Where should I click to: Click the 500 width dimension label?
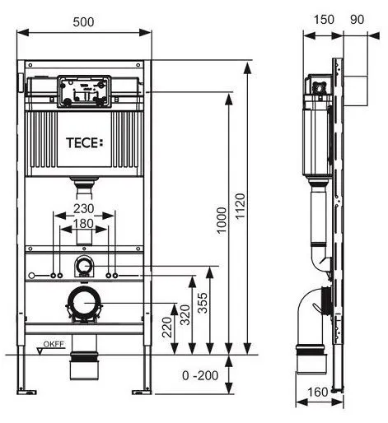tap(83, 22)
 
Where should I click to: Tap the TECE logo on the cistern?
tap(85, 143)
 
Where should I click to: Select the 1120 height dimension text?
tap(240, 206)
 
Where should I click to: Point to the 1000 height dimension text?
tap(222, 221)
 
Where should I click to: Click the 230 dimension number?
tap(84, 209)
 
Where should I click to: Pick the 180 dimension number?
tap(83, 224)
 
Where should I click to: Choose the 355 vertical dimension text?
tap(203, 303)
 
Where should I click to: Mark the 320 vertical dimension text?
tap(185, 315)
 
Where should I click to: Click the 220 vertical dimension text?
tap(167, 328)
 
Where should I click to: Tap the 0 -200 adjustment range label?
tap(200, 375)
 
